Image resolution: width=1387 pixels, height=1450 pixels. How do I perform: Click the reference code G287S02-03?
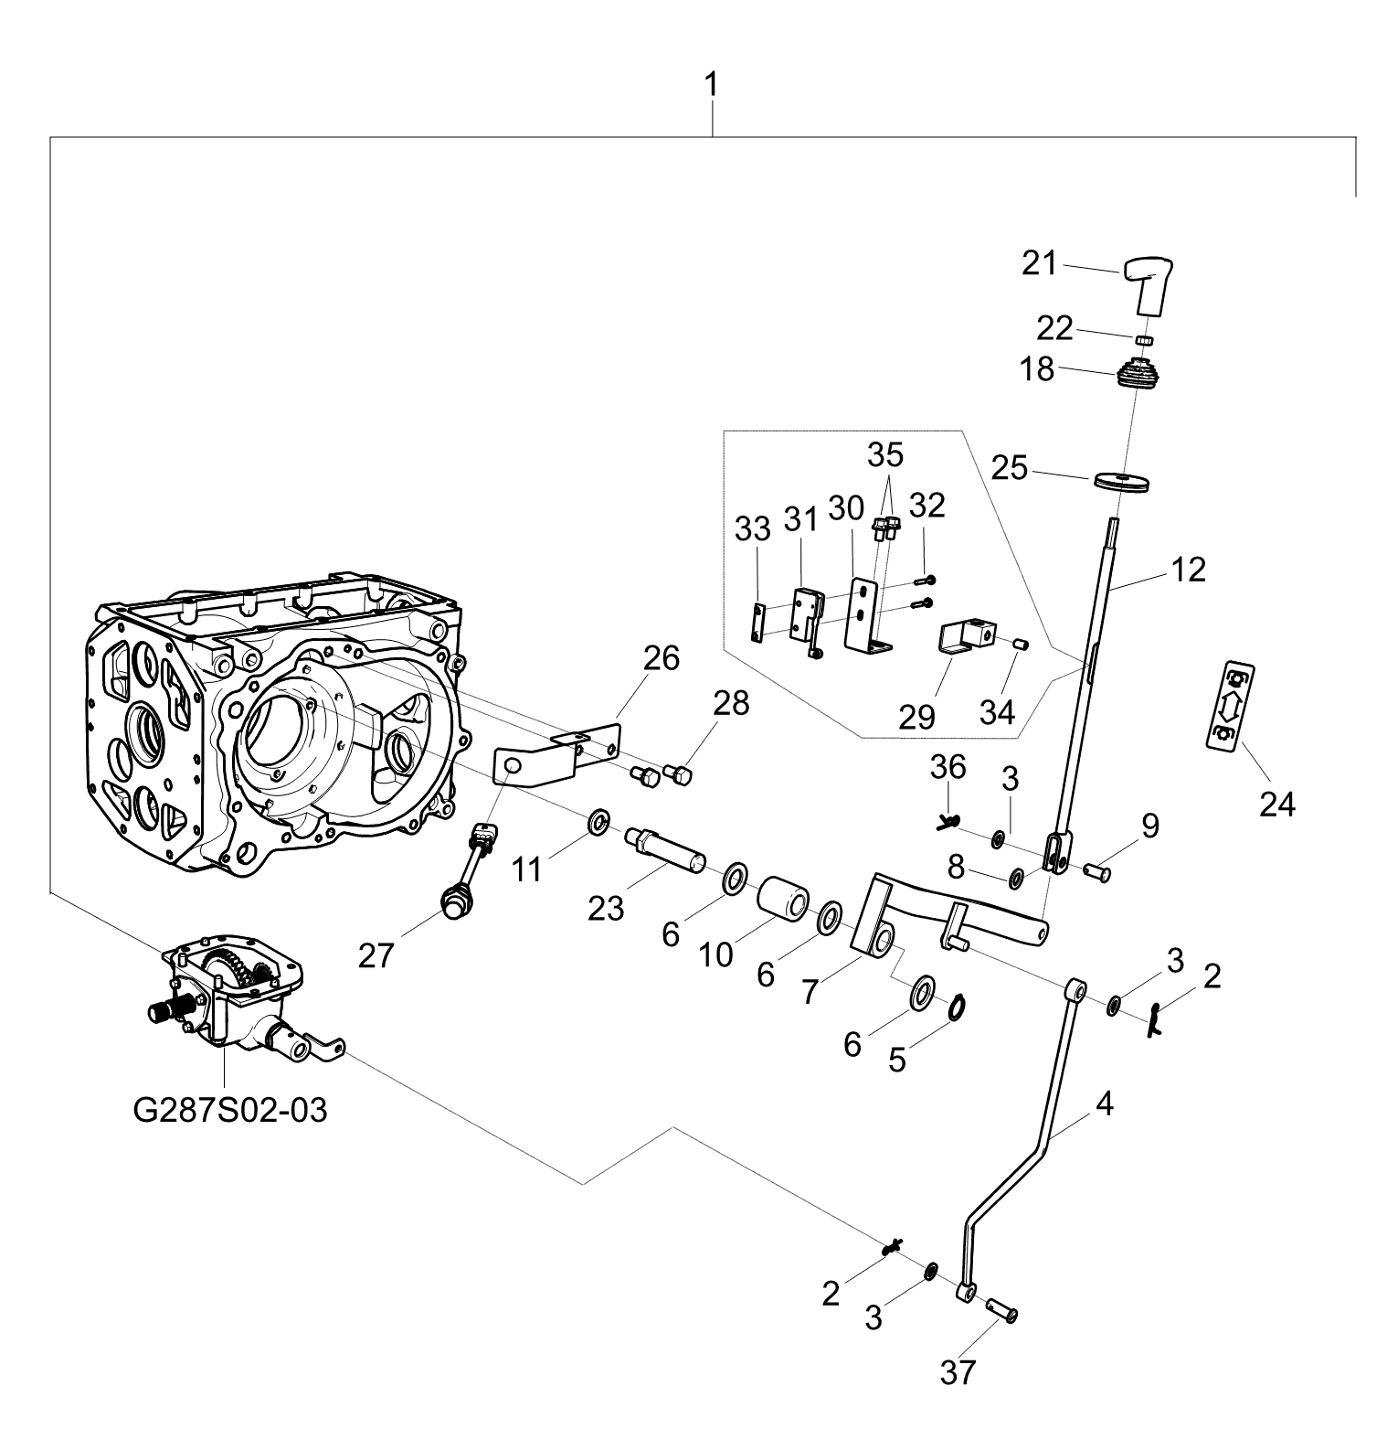[229, 1111]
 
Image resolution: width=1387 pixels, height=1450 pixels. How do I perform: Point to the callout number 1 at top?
[710, 88]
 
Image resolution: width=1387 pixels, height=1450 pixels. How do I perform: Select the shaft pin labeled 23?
[664, 851]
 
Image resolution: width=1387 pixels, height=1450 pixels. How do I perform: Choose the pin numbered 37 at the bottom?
[1001, 1311]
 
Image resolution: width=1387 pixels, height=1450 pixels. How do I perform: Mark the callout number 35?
[884, 454]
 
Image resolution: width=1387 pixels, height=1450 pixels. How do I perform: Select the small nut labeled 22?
[1146, 341]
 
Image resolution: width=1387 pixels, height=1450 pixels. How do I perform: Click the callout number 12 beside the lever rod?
[1187, 570]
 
